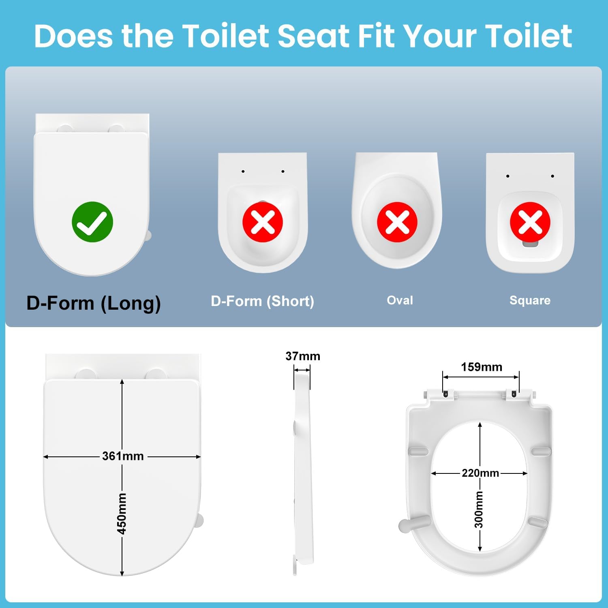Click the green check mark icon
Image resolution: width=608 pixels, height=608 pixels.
tap(92, 222)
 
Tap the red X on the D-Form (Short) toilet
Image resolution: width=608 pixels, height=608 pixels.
tap(263, 222)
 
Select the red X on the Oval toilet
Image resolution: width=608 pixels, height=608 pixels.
tap(397, 222)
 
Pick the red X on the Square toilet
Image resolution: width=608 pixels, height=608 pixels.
tap(530, 222)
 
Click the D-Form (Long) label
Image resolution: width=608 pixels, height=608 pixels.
tap(94, 303)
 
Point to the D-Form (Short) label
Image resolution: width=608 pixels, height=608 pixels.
tap(263, 301)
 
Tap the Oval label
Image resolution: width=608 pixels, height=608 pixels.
tap(400, 300)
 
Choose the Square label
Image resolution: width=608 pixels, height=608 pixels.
tap(530, 300)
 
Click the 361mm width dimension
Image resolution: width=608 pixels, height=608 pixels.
tap(123, 456)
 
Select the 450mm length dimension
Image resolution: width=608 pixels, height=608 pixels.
tap(122, 513)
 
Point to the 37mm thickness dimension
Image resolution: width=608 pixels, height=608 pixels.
tap(303, 356)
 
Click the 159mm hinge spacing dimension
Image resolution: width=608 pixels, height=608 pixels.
tap(482, 367)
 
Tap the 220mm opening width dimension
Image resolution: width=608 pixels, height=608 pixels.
tap(480, 473)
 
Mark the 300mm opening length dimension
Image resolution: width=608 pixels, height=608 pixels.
tap(479, 510)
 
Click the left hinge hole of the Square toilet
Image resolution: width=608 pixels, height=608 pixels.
tap(507, 176)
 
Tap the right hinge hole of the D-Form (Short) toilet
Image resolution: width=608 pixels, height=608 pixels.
tap(283, 171)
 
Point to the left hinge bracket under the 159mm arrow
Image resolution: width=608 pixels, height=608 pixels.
tap(445, 393)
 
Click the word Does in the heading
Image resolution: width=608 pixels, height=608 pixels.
tap(73, 36)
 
